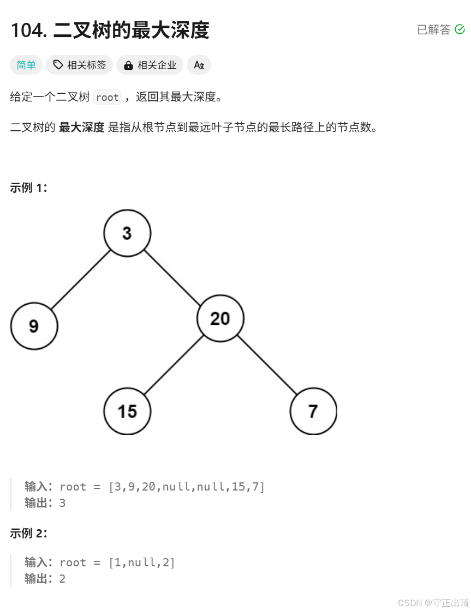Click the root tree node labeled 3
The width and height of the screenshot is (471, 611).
click(127, 233)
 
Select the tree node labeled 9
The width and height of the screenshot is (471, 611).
click(34, 326)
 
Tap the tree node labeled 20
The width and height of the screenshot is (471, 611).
click(220, 318)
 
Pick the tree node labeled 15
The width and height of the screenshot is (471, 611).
click(127, 411)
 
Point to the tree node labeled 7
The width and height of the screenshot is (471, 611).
click(313, 411)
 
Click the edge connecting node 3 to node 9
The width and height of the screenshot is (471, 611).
click(81, 280)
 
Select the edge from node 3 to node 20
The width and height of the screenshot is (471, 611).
click(174, 276)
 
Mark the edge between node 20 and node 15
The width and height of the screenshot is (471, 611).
click(174, 365)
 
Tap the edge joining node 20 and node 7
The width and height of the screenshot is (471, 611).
click(266, 365)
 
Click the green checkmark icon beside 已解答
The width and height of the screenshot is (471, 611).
click(460, 29)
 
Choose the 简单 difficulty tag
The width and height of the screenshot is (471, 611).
click(26, 65)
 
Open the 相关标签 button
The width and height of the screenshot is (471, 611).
click(79, 65)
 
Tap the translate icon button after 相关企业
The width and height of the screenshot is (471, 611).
click(199, 65)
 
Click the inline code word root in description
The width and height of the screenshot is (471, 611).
click(107, 98)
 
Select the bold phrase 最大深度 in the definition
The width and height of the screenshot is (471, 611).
click(81, 128)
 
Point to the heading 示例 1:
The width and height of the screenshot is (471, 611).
click(29, 188)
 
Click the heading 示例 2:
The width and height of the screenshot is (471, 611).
click(29, 534)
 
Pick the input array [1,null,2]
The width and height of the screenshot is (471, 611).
click(142, 562)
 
